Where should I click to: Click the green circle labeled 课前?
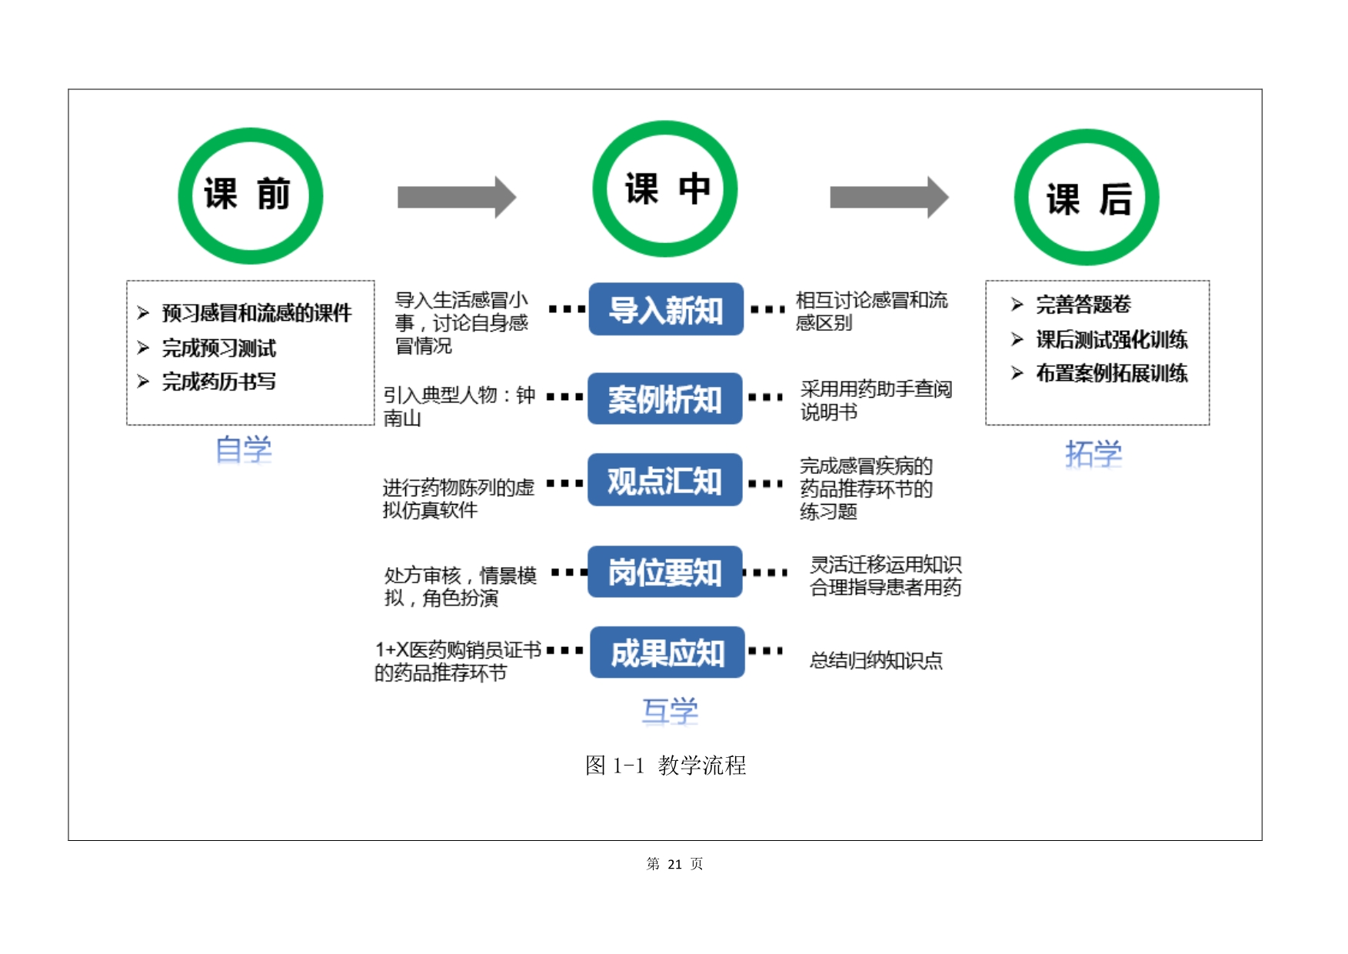tap(250, 195)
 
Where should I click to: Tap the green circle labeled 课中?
tap(665, 189)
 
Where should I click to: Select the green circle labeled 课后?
tap(1087, 198)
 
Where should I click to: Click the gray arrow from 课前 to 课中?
tap(456, 197)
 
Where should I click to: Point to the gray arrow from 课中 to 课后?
tap(888, 197)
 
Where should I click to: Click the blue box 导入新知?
tap(666, 309)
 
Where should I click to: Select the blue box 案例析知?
tap(665, 399)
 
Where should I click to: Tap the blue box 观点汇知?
tap(665, 480)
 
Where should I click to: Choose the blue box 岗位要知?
tap(665, 572)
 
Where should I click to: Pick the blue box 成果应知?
tap(667, 652)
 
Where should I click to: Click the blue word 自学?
tap(244, 449)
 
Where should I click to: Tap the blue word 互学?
tap(670, 711)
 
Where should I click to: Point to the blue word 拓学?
tap(1093, 454)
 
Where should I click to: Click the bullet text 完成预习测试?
tap(218, 348)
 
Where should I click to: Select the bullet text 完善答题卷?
tap(1083, 305)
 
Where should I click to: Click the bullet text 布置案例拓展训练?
tap(1111, 373)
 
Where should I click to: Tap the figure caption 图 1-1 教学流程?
tap(665, 765)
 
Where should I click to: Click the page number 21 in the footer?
tap(674, 864)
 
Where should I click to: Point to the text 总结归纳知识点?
tap(876, 660)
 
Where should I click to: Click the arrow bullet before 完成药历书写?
tap(143, 381)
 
